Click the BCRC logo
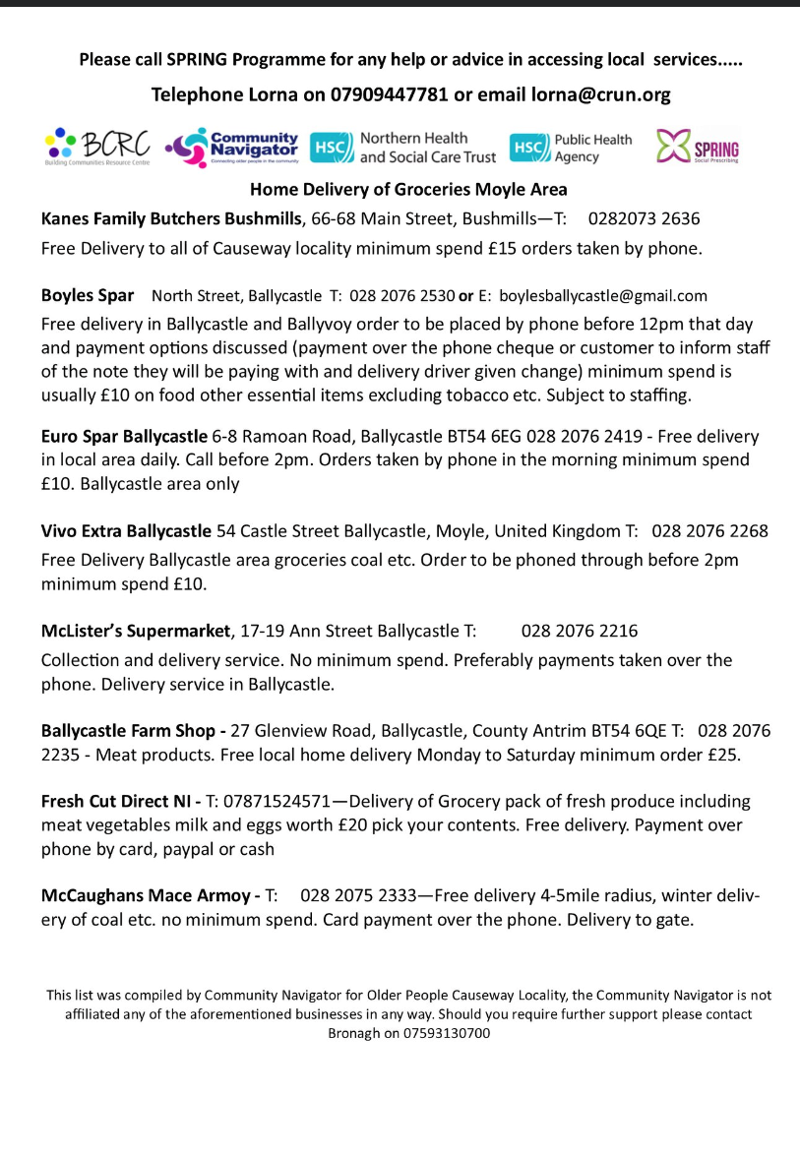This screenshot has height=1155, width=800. tap(97, 148)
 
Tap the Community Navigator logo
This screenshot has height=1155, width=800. tap(232, 148)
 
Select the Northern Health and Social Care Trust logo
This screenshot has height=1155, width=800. tap(403, 148)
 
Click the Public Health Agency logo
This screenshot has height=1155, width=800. tap(571, 148)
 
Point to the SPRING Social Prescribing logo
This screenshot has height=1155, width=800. tap(698, 149)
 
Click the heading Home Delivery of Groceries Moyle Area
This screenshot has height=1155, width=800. tap(408, 189)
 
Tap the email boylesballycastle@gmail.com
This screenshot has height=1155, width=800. tap(603, 295)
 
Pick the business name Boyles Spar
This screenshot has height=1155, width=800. tap(88, 295)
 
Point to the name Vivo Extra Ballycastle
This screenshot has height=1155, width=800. tap(126, 531)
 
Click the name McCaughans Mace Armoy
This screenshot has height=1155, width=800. tap(146, 896)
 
